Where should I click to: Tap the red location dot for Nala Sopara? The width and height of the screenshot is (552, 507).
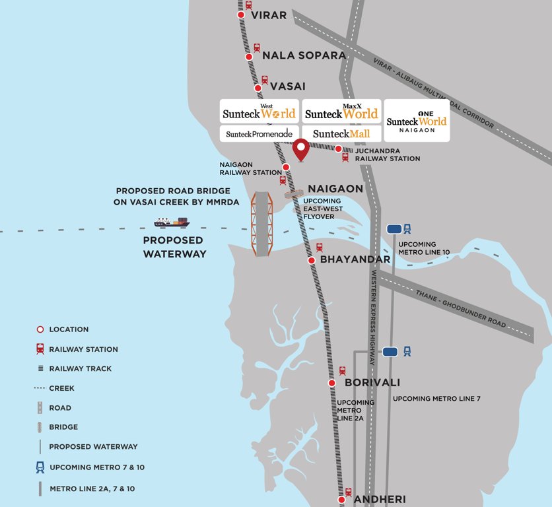click(249, 57)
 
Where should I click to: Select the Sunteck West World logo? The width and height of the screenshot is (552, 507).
click(259, 111)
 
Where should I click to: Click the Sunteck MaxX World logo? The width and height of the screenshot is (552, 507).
click(341, 111)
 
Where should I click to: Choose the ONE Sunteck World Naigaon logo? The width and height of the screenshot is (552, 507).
click(417, 120)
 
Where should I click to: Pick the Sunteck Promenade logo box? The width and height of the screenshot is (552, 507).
click(259, 134)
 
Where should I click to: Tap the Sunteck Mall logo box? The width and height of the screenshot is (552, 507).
click(341, 134)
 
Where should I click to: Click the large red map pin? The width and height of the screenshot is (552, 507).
click(301, 150)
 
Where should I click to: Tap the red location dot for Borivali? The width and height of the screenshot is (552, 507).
click(332, 383)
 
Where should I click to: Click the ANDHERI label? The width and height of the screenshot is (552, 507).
click(380, 499)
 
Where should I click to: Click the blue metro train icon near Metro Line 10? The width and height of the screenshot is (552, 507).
click(408, 228)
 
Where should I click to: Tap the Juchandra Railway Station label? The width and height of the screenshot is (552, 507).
click(388, 154)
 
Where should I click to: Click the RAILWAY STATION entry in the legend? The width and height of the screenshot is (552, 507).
click(83, 349)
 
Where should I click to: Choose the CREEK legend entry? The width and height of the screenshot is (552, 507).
click(61, 388)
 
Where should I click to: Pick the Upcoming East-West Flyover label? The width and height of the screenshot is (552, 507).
click(322, 209)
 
